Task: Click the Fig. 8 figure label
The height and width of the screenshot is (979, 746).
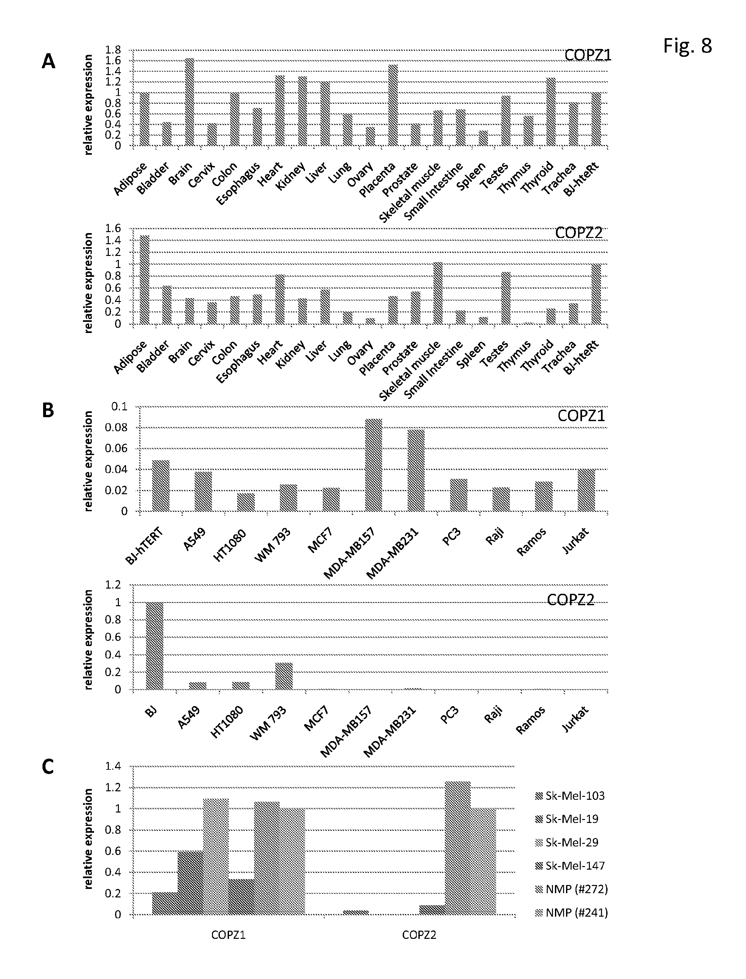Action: [x=688, y=46]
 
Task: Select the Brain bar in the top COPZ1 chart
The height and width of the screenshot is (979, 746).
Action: [x=190, y=102]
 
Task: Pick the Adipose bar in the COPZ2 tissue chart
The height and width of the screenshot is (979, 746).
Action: [x=145, y=279]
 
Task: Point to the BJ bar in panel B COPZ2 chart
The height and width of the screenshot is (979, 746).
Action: [x=155, y=646]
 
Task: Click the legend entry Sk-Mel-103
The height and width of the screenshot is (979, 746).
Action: [x=570, y=796]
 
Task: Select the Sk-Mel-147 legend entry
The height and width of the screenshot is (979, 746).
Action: [x=570, y=866]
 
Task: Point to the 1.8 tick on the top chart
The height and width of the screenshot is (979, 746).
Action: [x=113, y=50]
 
